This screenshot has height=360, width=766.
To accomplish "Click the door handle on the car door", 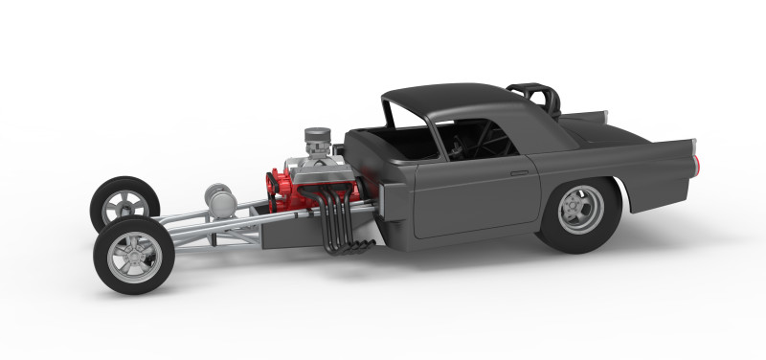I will tap(519, 172).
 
